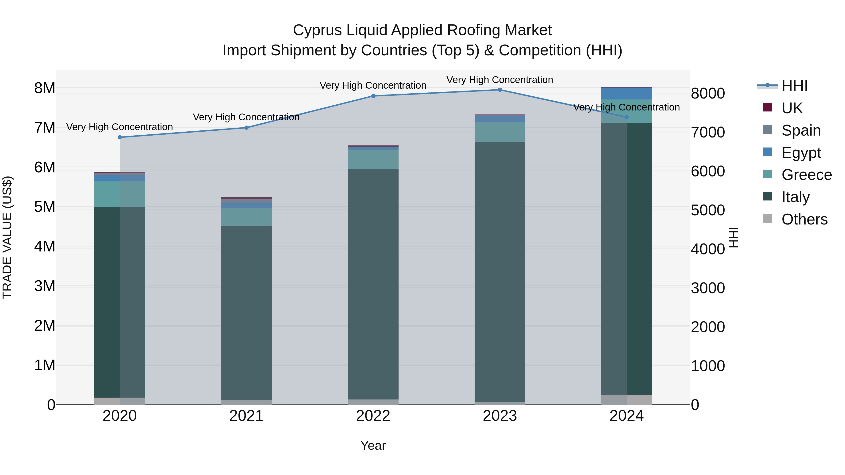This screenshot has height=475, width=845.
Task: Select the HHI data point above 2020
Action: point(120,137)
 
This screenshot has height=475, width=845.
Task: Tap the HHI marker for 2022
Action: point(373,96)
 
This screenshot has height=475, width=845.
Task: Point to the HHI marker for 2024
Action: point(626,117)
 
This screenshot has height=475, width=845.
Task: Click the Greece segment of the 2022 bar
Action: point(373,160)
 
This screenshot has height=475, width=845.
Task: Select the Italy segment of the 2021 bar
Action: point(246,312)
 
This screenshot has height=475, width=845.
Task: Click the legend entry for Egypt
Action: point(801,153)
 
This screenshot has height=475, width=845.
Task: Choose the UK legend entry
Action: point(791,108)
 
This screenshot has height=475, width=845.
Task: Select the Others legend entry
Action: point(804,219)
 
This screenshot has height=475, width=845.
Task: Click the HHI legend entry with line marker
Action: point(794,86)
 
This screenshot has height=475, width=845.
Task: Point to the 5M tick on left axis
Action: point(45,207)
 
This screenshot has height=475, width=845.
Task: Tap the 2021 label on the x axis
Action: point(246,416)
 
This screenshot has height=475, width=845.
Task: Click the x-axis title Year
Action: point(373,445)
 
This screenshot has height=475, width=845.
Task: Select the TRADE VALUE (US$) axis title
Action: point(7,237)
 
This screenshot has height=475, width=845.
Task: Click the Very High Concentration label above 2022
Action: point(373,86)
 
